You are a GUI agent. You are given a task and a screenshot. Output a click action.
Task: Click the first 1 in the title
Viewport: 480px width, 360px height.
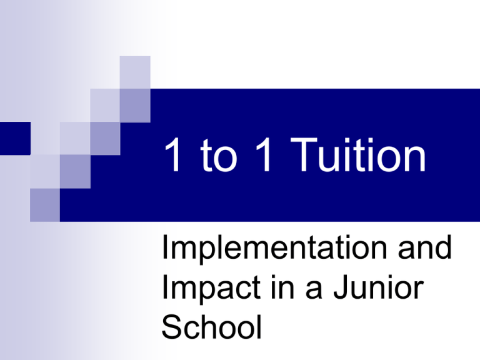173,154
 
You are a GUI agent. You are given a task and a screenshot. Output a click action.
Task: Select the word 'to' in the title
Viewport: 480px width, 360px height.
219,156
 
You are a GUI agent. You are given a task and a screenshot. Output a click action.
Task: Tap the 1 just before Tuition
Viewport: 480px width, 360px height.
264,154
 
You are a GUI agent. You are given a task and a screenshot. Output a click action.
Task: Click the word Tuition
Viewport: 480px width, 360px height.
358,155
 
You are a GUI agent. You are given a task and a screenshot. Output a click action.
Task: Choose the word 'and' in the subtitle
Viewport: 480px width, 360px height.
424,247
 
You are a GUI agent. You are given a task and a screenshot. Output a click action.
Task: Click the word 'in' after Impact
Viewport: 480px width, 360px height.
282,286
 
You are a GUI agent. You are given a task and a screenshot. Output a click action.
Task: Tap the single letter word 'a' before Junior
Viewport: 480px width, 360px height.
314,290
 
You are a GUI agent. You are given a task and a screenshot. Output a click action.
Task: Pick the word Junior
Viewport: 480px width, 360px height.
378,287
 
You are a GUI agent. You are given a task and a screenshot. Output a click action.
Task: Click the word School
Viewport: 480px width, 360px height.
211,327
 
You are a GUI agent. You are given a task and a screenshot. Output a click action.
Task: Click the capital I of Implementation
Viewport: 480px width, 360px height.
164,247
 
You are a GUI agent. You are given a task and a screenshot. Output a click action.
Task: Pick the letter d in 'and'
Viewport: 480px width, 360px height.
443,247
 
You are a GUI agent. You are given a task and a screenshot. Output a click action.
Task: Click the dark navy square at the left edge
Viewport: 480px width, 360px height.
15,138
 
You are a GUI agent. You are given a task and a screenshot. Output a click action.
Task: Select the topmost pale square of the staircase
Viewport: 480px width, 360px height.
135,72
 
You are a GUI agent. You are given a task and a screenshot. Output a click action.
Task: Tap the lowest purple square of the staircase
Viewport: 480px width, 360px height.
45,205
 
